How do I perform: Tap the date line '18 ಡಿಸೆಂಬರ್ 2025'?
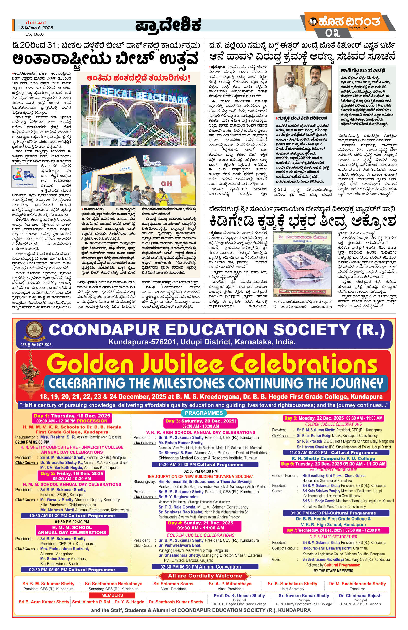pos(36,28)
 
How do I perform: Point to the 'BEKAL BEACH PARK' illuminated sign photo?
pos(138,115)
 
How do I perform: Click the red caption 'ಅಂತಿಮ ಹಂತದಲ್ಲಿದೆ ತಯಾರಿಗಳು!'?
pos(138,78)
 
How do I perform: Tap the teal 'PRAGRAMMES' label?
pos(203,413)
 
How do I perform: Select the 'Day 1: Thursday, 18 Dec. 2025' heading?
pos(72,416)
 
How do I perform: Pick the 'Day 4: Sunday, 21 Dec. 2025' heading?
pos(203,523)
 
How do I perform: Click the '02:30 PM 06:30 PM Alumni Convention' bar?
pos(205,567)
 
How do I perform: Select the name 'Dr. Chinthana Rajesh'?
pos(360,596)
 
